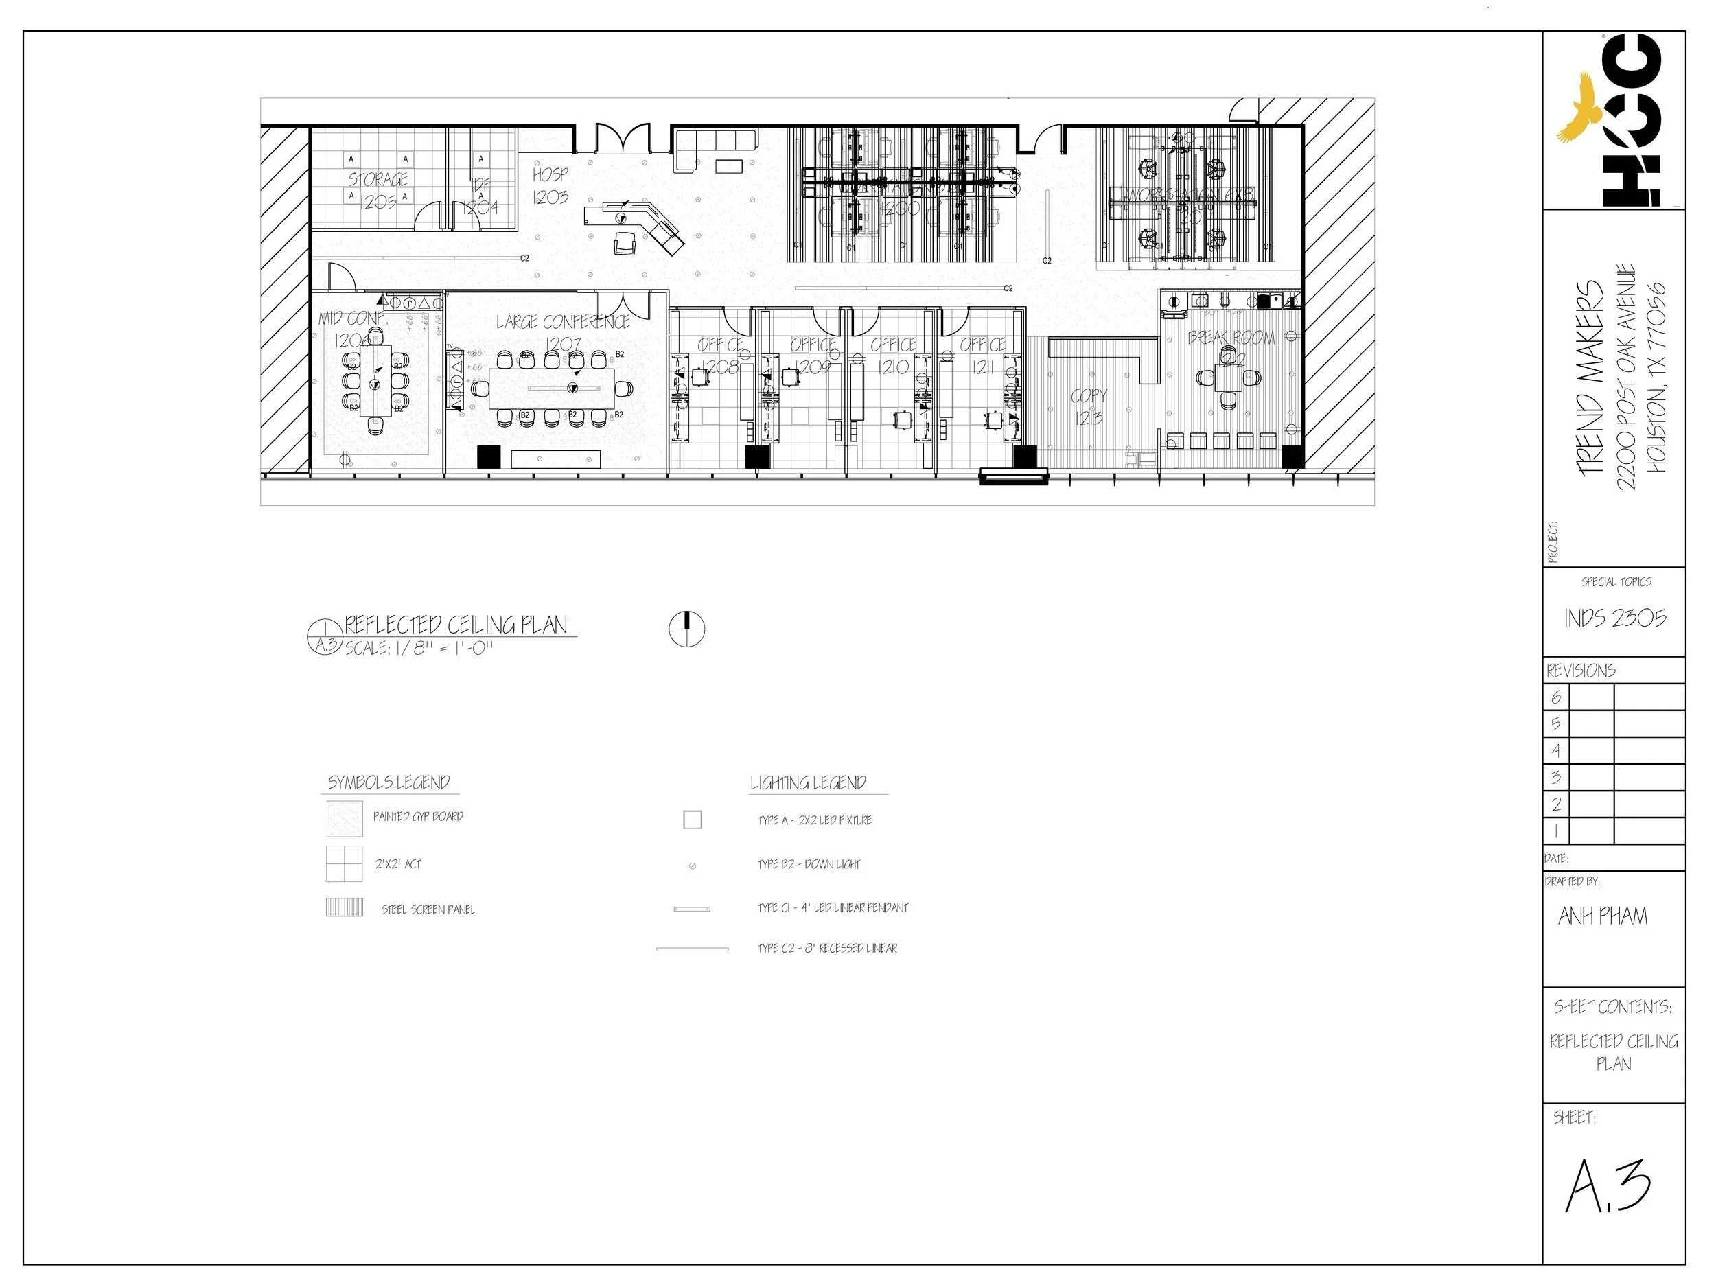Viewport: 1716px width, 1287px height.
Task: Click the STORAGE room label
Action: click(378, 180)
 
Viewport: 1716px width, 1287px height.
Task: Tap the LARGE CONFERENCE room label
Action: click(562, 322)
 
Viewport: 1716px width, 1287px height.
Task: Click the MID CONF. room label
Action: click(352, 318)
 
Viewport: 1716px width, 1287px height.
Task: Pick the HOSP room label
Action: click(550, 175)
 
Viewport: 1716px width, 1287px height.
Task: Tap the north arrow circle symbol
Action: click(686, 628)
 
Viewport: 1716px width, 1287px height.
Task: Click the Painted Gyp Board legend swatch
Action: click(345, 818)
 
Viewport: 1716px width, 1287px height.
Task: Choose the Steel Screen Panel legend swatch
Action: click(345, 907)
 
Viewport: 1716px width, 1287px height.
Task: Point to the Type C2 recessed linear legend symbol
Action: click(692, 949)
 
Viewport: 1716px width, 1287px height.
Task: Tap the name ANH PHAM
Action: click(1602, 916)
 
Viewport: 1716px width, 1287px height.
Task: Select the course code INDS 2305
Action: click(1614, 618)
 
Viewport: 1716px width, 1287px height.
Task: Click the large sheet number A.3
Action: click(1608, 1187)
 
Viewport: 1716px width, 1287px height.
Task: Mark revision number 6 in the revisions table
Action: click(1555, 697)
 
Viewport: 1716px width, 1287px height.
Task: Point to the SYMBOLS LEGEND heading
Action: click(389, 782)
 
